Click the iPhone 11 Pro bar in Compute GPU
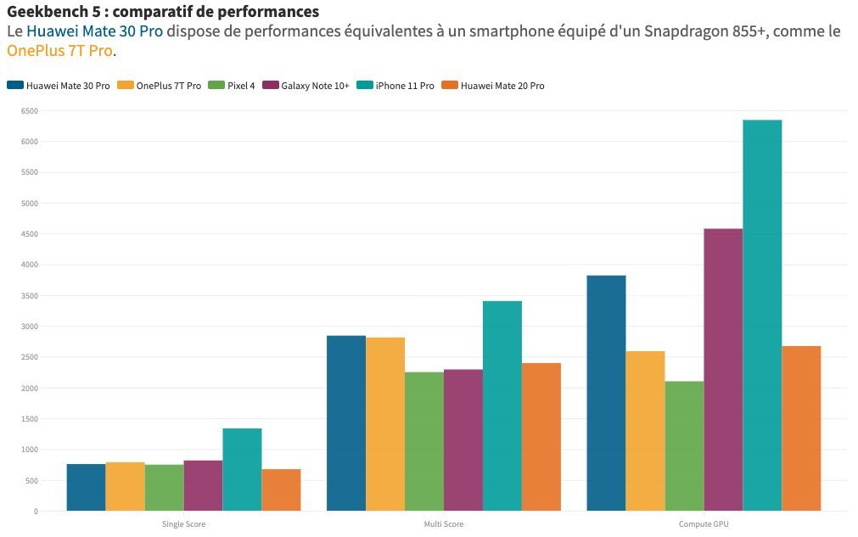(x=762, y=316)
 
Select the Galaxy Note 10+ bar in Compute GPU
(x=723, y=370)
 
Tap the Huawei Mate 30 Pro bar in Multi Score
(x=345, y=423)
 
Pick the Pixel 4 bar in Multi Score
(x=423, y=441)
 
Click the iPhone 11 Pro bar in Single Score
(x=242, y=469)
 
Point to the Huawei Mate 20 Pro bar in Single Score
(x=281, y=490)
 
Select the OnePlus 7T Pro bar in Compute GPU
(x=645, y=431)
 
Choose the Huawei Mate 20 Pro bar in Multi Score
(x=541, y=437)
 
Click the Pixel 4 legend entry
(x=240, y=86)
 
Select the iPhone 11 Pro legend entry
(x=404, y=86)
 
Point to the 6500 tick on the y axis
(x=29, y=111)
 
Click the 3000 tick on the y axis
(x=29, y=327)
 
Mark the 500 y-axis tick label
(x=31, y=481)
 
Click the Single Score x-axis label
(x=183, y=524)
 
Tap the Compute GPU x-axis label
(x=704, y=524)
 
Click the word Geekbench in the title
(x=42, y=13)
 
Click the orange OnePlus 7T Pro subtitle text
(x=59, y=51)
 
